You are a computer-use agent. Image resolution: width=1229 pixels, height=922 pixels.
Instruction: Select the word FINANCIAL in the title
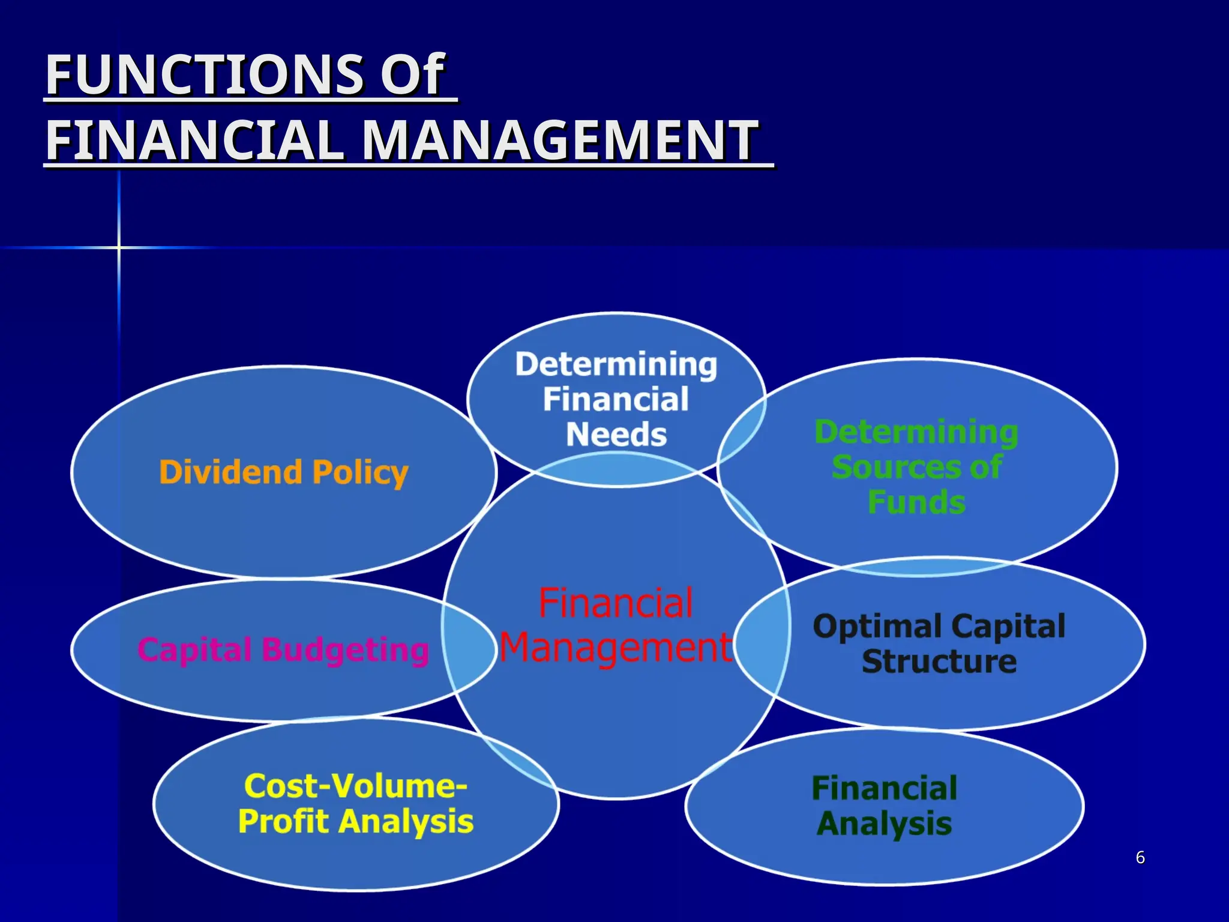[x=195, y=140]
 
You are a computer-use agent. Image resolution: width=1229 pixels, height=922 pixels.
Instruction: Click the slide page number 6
[x=1140, y=858]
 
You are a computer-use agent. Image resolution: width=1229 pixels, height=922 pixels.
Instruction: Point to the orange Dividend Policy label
[x=284, y=472]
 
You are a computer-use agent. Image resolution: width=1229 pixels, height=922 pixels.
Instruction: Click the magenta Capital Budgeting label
[x=284, y=650]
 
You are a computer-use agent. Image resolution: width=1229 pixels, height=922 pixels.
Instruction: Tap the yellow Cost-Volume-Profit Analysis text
[x=356, y=804]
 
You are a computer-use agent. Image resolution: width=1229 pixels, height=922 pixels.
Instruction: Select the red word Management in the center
[x=616, y=648]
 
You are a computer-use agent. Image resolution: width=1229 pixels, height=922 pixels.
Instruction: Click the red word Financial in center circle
[x=616, y=603]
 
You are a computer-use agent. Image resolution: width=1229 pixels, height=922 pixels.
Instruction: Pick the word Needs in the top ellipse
[x=616, y=435]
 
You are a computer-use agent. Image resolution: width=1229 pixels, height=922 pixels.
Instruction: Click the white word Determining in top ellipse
[x=616, y=364]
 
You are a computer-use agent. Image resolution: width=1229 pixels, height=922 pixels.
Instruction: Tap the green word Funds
[x=916, y=502]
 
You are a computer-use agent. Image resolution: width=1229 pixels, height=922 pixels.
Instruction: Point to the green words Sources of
[x=916, y=467]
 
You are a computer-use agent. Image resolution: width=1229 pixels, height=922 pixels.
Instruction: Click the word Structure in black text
[x=939, y=661]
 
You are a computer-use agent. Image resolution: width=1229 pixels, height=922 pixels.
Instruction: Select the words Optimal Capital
[x=939, y=626]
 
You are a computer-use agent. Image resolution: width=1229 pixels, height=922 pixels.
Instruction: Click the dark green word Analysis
[x=885, y=824]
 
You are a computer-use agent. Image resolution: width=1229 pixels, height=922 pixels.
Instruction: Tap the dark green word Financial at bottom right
[x=885, y=788]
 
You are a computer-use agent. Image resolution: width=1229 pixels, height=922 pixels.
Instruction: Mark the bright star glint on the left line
[x=119, y=247]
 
